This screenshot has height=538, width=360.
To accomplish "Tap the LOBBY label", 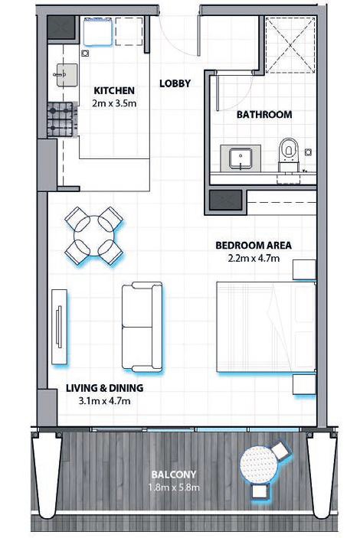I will [175, 83].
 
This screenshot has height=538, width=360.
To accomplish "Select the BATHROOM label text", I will [263, 115].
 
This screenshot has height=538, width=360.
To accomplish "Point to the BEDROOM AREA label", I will [254, 246].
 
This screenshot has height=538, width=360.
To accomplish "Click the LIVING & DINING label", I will [105, 387].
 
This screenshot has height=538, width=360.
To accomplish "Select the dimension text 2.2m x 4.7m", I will [254, 259].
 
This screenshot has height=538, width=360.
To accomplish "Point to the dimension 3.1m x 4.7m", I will [105, 399].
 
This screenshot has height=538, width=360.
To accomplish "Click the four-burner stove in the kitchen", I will [62, 120].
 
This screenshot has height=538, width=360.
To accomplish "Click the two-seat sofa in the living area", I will [142, 326].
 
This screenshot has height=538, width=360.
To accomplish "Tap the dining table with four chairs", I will [93, 234].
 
